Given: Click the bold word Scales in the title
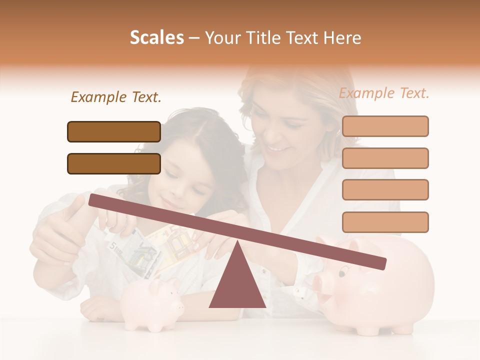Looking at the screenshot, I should (x=156, y=38).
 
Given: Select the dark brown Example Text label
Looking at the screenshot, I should (x=116, y=97).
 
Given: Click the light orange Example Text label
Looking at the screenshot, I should (x=384, y=93).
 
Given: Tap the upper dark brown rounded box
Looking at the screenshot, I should (x=114, y=131).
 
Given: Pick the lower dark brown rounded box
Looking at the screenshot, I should (x=114, y=163).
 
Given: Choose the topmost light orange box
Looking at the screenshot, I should (x=385, y=126).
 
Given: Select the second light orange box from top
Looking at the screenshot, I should (x=385, y=158).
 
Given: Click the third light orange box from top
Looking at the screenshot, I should (x=385, y=189).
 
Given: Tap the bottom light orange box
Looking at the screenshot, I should (x=385, y=222).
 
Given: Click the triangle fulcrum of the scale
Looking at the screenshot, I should (x=237, y=285).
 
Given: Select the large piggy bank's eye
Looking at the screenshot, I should (x=342, y=273).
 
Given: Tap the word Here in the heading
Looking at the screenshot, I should (x=342, y=38).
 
